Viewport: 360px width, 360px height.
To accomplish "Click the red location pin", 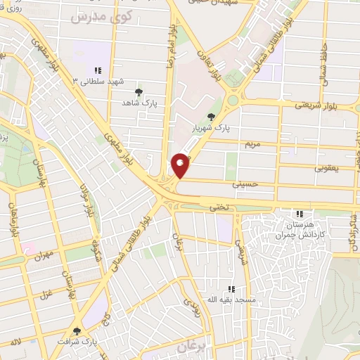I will click(181, 165).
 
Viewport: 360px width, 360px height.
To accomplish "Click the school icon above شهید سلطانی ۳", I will click(98, 70).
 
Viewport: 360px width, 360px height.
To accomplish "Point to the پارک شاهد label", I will click(138, 103).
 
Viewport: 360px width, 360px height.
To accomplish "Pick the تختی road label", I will click(219, 207).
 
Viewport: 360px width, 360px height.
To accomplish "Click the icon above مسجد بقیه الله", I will click(231, 289).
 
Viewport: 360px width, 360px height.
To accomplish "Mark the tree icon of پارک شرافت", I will click(77, 330).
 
